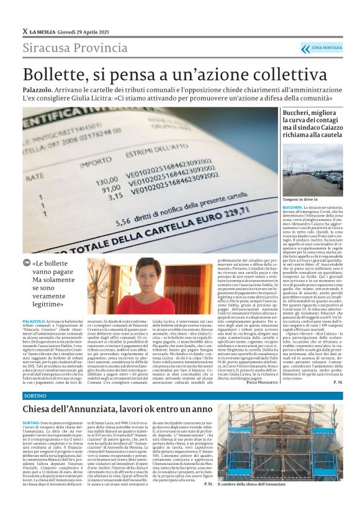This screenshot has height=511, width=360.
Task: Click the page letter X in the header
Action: [x=25, y=30]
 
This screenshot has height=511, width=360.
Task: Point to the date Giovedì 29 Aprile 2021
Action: [x=85, y=30]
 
